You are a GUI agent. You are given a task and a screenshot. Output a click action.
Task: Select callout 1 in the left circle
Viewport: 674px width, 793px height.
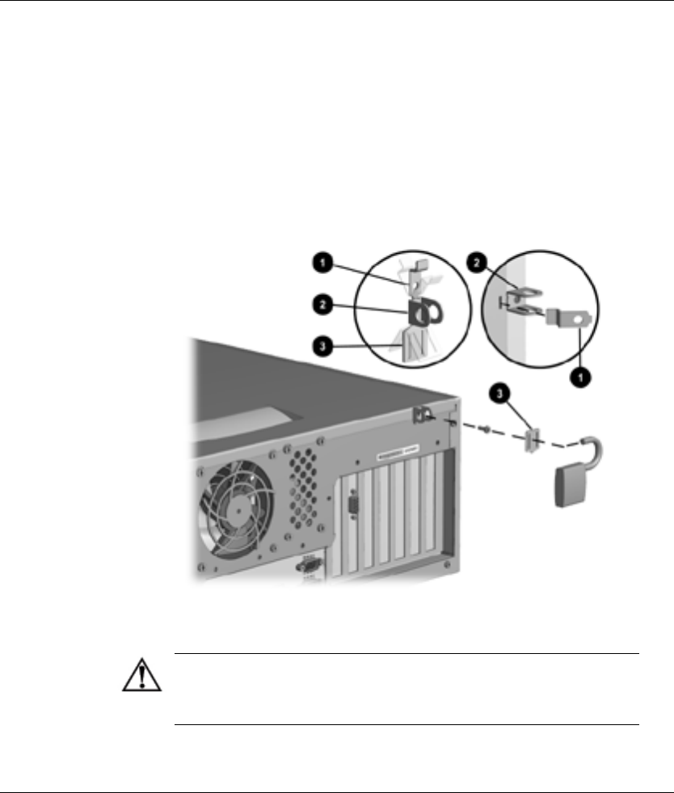[x=322, y=262]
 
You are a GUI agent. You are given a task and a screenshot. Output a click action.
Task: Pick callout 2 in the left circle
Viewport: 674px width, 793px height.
[x=322, y=305]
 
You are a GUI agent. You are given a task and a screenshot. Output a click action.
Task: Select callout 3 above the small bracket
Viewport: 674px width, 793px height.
[x=500, y=395]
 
